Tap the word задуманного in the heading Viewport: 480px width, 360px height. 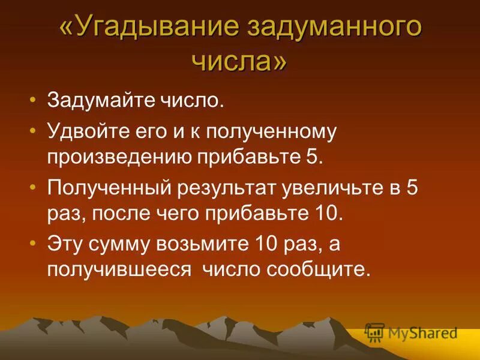click(x=332, y=29)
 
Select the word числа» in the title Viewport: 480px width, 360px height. click(x=239, y=60)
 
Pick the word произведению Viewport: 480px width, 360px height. click(x=119, y=157)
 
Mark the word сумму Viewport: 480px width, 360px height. click(x=127, y=244)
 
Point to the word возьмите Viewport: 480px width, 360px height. click(x=216, y=244)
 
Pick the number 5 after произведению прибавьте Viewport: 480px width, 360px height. click(x=316, y=157)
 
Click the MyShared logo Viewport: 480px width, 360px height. click(x=412, y=332)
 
